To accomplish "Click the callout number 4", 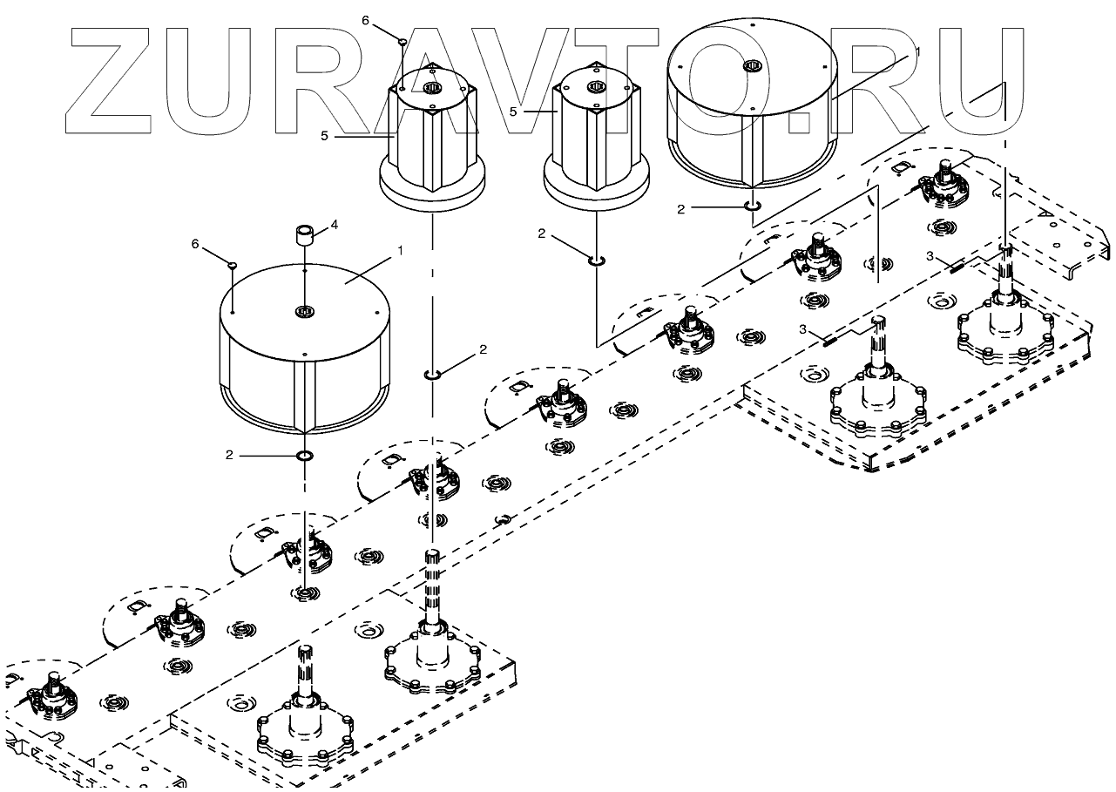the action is click(x=334, y=225).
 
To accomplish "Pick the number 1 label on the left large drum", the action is click(x=400, y=250).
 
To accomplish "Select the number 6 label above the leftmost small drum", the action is click(x=366, y=20).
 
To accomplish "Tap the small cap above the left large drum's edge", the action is click(x=233, y=264).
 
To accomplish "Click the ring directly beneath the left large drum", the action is click(x=305, y=455).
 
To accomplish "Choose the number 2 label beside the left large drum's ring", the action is click(x=229, y=455).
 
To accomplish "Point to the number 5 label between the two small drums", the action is click(x=513, y=112).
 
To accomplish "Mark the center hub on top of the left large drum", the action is click(x=304, y=311).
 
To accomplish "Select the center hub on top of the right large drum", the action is click(x=751, y=66).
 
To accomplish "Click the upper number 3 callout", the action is click(x=930, y=255).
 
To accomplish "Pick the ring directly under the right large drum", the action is click(x=752, y=206).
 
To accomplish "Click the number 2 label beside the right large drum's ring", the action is click(x=682, y=209).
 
